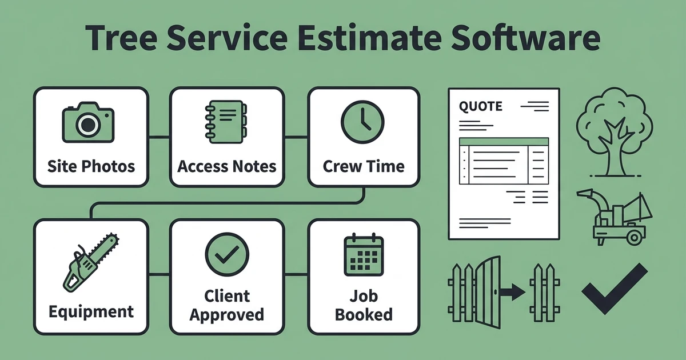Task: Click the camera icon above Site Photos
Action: click(x=88, y=122)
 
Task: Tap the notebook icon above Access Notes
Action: click(x=226, y=122)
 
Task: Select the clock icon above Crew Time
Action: click(x=362, y=122)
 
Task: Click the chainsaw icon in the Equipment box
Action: click(x=91, y=263)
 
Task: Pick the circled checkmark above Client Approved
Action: click(x=227, y=254)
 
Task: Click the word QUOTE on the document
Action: click(x=481, y=106)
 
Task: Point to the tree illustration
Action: click(x=615, y=132)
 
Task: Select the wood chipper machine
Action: click(x=615, y=217)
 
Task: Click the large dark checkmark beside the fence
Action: click(x=615, y=289)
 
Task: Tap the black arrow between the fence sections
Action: click(x=513, y=292)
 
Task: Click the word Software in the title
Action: click(x=525, y=38)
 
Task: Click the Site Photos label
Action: click(x=91, y=166)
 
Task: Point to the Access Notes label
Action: click(x=226, y=166)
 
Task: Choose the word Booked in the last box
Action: click(x=364, y=315)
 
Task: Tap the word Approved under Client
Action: click(x=226, y=315)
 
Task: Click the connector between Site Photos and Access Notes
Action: click(x=159, y=137)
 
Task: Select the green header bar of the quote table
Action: click(x=504, y=142)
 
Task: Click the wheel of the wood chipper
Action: click(x=634, y=237)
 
